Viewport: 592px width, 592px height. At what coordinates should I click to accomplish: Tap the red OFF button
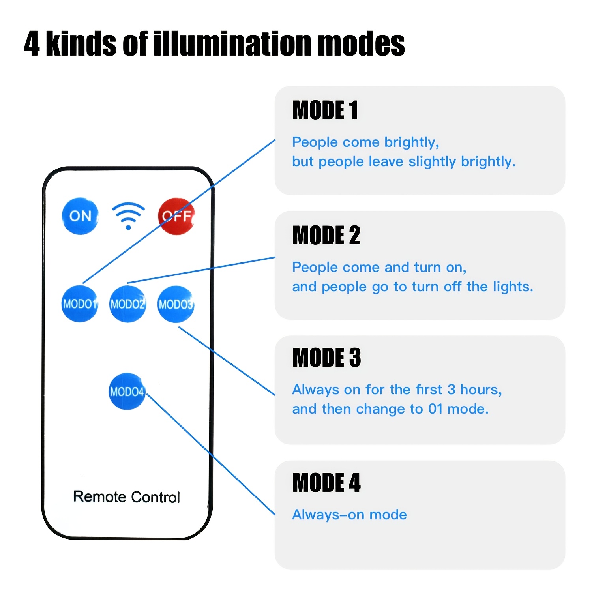point(176,216)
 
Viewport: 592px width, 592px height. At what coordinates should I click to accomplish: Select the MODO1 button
point(80,304)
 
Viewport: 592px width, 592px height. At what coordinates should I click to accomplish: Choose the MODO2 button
point(128,304)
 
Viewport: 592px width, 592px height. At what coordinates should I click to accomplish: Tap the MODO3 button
point(176,304)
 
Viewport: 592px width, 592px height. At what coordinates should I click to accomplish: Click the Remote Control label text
point(127,497)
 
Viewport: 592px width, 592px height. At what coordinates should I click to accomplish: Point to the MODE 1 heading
point(325,110)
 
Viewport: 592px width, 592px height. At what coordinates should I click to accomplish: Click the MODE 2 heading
point(326,235)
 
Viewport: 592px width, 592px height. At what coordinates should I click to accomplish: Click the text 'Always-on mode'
point(350,515)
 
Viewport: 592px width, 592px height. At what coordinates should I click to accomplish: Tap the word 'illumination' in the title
point(232,43)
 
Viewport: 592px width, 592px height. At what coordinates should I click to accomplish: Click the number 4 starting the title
point(32,44)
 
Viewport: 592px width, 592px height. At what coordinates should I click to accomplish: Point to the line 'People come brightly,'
point(366,142)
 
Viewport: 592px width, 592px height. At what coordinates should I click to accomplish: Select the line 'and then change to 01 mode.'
point(391,409)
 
